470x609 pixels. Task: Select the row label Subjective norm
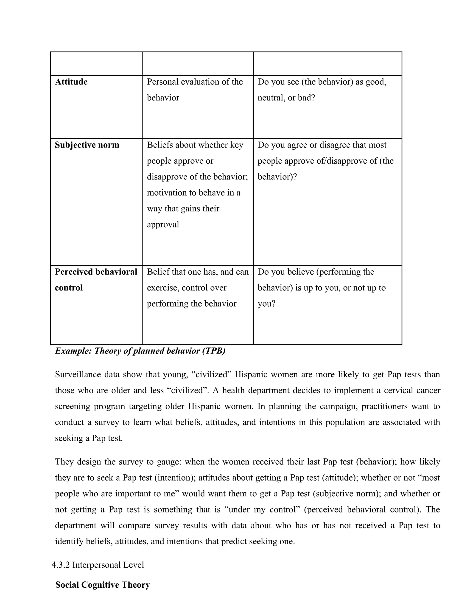[87, 145]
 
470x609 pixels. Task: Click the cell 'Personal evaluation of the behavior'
[195, 89]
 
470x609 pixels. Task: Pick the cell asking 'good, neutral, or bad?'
[322, 89]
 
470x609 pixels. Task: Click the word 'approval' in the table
[163, 225]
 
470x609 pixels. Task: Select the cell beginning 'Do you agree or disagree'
[325, 161]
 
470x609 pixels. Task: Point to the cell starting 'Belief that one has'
[197, 287]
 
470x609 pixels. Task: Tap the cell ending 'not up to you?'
[321, 287]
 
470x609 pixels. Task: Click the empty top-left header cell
[96, 64]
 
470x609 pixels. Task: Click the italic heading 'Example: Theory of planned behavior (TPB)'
[140, 351]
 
